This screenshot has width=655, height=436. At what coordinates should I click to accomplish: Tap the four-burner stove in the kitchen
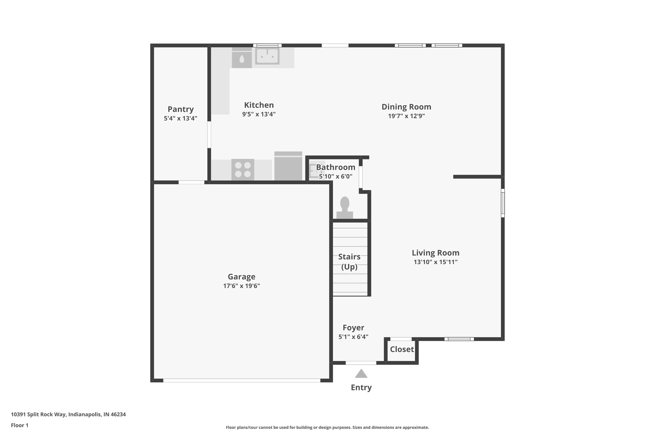[243, 170]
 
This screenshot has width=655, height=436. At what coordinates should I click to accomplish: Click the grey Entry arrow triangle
[361, 374]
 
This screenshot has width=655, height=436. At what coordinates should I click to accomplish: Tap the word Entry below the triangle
[361, 387]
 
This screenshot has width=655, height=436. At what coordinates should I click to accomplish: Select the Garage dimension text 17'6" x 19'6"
[241, 286]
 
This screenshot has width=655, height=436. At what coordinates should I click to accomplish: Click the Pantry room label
[181, 109]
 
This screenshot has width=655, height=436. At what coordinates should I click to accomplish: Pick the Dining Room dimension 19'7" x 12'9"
[406, 116]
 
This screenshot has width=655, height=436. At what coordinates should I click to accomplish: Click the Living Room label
[435, 253]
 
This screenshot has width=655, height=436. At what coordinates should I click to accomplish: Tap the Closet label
[402, 349]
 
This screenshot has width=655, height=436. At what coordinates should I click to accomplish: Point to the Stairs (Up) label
[349, 262]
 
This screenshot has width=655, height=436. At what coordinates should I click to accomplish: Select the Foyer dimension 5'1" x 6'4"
[353, 337]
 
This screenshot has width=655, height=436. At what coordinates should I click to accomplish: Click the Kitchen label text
[259, 105]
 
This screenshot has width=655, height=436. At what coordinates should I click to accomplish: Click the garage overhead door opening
[242, 380]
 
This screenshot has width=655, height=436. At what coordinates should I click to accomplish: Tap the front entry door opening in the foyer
[361, 363]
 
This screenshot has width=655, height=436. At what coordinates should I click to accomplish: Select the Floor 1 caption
[20, 425]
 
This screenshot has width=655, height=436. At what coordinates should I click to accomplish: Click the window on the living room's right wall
[502, 203]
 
